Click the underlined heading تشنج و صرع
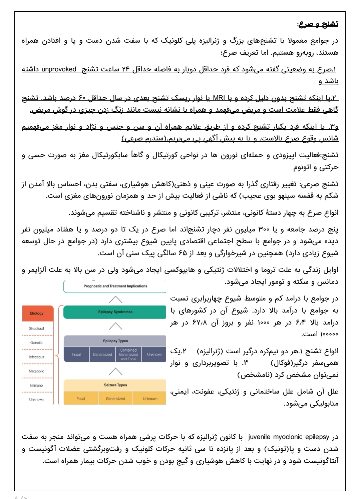pyautogui.click(x=318, y=24)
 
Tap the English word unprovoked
pyautogui.click(x=59, y=69)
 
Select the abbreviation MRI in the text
pyautogui.click(x=219, y=98)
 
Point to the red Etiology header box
pyautogui.click(x=36, y=313)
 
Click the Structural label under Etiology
pyautogui.click(x=36, y=329)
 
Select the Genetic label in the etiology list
pyautogui.click(x=36, y=343)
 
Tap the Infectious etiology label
pyautogui.click(x=36, y=357)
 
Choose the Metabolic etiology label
pyautogui.click(x=36, y=371)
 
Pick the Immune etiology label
pyautogui.click(x=36, y=385)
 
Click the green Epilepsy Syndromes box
pyautogui.click(x=115, y=312)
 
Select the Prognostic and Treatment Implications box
pyautogui.click(x=115, y=286)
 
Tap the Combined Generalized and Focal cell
pyautogui.click(x=128, y=355)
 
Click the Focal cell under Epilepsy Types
pyautogui.click(x=76, y=355)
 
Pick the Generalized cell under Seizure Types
pyautogui.click(x=115, y=399)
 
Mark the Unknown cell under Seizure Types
pyautogui.click(x=150, y=399)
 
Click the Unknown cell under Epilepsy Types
pyautogui.click(x=154, y=355)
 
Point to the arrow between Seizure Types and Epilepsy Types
pyautogui.click(x=115, y=371)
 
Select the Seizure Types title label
pyautogui.click(x=115, y=385)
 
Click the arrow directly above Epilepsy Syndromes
pyautogui.click(x=115, y=299)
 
